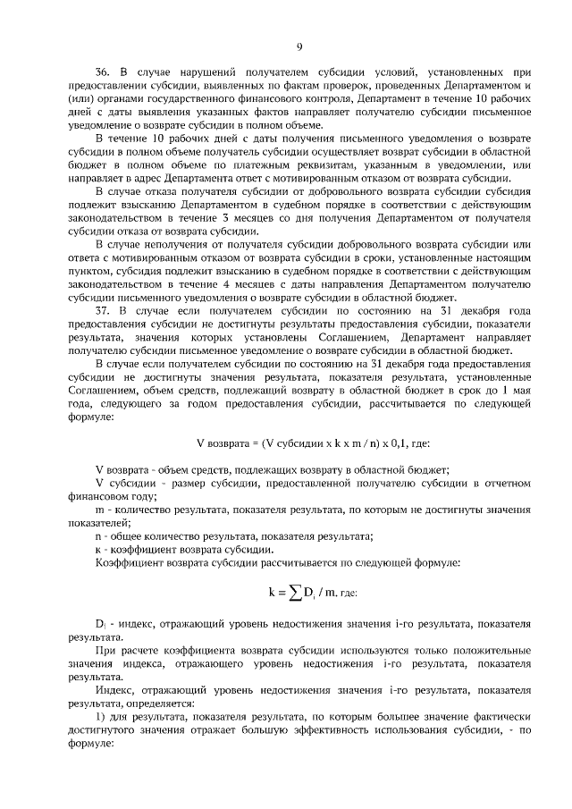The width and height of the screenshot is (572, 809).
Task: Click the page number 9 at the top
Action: pyautogui.click(x=299, y=47)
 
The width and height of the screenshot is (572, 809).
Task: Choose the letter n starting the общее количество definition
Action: pyautogui.click(x=97, y=536)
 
